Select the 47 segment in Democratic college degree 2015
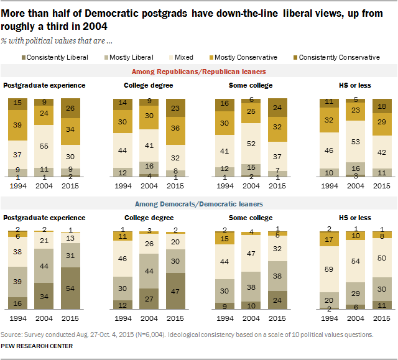pos(177,290)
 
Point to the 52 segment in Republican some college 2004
pos(251,144)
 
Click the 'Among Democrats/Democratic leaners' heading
pos(198,204)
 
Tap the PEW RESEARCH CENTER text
pos(37,346)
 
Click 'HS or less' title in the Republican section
pos(355,85)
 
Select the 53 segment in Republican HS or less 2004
pos(356,142)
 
